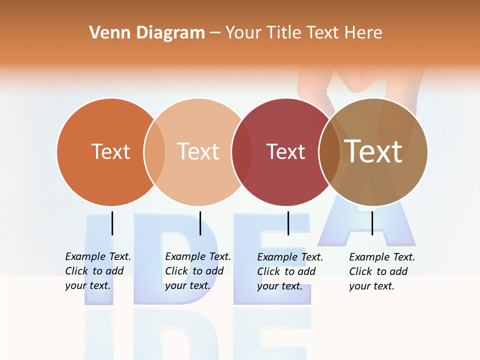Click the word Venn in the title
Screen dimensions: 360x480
(x=105, y=33)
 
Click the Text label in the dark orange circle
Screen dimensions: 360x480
(x=110, y=151)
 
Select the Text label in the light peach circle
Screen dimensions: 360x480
(x=198, y=151)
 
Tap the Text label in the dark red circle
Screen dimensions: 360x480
(x=285, y=151)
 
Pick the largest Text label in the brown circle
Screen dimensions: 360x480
(x=373, y=151)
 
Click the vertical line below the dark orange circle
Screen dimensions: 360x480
(x=112, y=223)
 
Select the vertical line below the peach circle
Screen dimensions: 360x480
(x=200, y=223)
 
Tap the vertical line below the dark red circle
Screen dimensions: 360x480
(x=288, y=223)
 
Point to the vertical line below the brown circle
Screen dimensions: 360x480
(x=372, y=223)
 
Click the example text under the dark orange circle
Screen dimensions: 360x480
(x=97, y=271)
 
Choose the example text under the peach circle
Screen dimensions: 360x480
(x=197, y=271)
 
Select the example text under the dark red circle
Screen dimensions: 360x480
(x=289, y=271)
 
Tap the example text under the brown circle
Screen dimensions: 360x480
(x=381, y=271)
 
